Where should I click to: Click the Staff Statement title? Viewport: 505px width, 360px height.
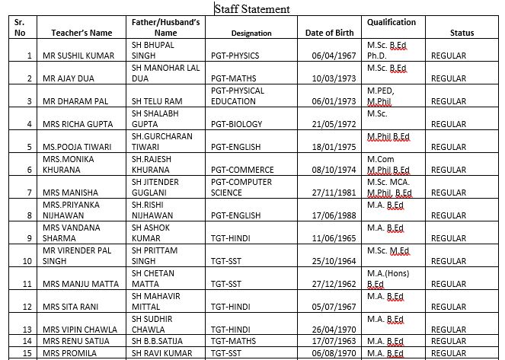pos(252,9)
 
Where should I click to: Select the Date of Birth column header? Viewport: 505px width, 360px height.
pos(329,33)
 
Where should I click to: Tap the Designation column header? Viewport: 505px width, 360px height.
pos(251,33)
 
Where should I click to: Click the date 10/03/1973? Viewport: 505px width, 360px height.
pos(334,78)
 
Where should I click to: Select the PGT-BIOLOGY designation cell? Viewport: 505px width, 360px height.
pos(239,124)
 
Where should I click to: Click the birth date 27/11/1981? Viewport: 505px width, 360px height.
pos(334,193)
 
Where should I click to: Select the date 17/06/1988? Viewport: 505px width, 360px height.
pos(334,215)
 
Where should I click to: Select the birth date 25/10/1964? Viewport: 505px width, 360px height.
pos(334,261)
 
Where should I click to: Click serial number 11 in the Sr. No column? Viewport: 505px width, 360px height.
pos(27,284)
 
